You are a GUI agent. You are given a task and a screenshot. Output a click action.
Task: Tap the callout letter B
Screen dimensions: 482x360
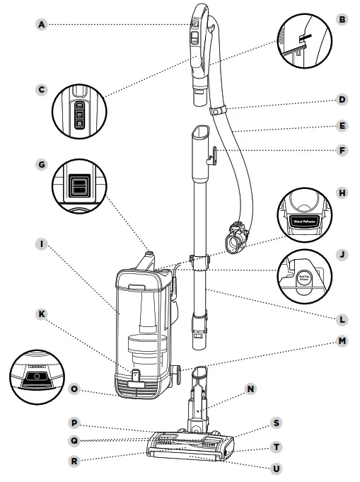(x=342, y=21)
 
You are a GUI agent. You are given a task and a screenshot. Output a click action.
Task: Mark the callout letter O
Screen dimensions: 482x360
(x=75, y=389)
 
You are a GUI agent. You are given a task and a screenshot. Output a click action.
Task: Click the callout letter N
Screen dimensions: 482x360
(x=250, y=389)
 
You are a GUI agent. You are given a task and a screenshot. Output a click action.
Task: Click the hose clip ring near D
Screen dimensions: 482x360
(x=219, y=111)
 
